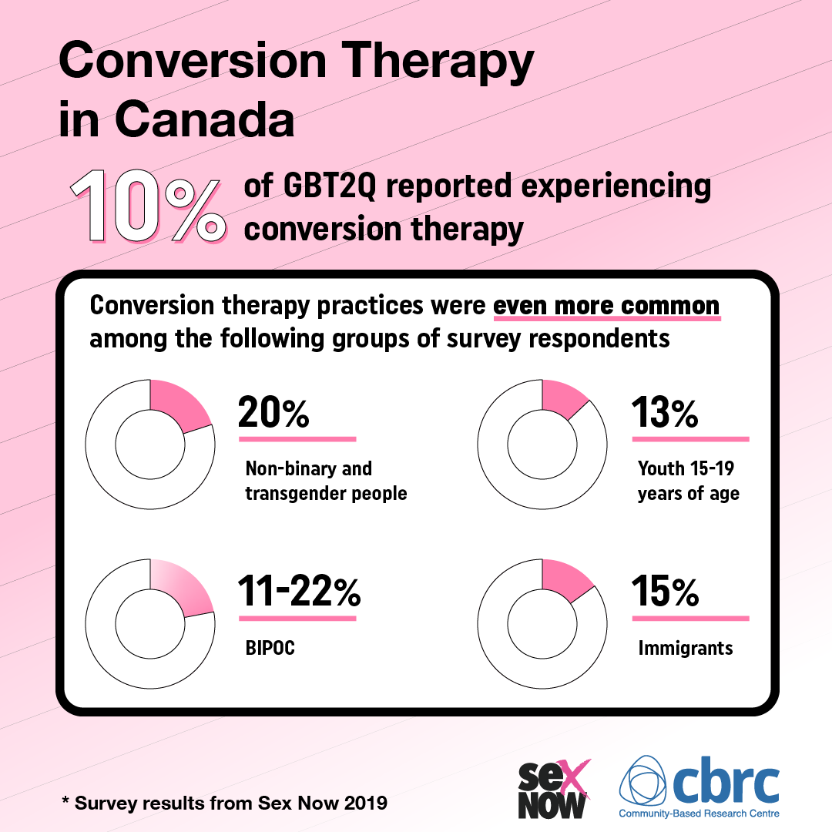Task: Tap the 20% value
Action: click(x=273, y=413)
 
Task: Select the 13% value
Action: click(x=665, y=413)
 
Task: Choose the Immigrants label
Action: click(x=685, y=649)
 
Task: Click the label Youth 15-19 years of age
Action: click(x=688, y=481)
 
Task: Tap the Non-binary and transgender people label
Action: click(x=325, y=481)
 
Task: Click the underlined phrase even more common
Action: click(x=606, y=306)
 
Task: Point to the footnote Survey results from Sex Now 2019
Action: click(x=224, y=803)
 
